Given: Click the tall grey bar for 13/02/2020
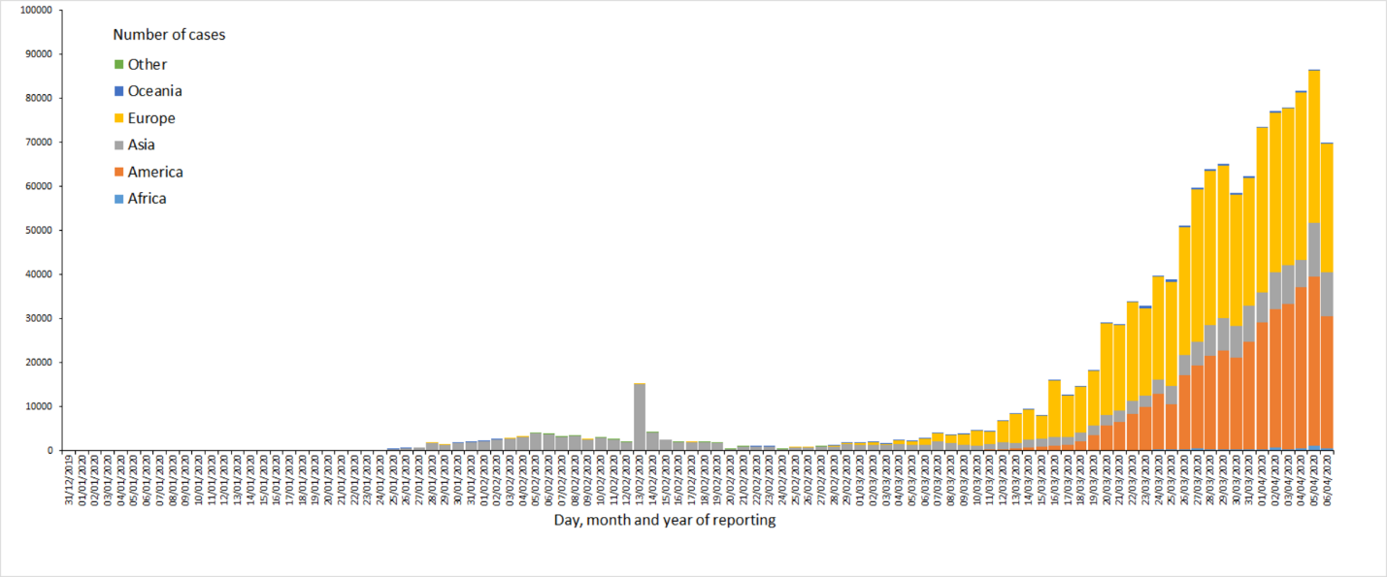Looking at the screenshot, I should (640, 417).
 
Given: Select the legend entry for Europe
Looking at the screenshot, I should (151, 118).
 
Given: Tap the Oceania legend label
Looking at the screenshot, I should (154, 91).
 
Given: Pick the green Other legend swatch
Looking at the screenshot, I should (119, 65).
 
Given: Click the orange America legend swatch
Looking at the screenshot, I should (119, 173).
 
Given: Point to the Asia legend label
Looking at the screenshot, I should (142, 145).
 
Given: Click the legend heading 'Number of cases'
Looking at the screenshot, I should (169, 35).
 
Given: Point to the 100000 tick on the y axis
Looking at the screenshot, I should (35, 11).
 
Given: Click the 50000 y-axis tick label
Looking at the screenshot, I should (38, 231).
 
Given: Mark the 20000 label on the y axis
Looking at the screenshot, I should (38, 363).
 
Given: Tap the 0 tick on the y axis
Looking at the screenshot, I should (50, 451).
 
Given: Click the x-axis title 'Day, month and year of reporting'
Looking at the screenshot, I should (665, 521).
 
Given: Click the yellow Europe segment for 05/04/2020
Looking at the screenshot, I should (1314, 145).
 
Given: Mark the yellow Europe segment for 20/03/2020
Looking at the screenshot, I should (1106, 369).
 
